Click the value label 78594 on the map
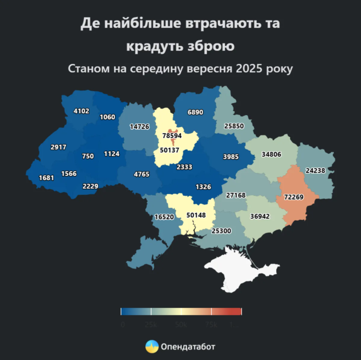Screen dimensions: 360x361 coord(172,136)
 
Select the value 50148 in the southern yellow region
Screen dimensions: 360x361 coord(196,215)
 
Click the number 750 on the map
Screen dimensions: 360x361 coord(88,156)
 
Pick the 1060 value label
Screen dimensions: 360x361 coord(108,117)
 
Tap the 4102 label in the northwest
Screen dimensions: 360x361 coord(82,111)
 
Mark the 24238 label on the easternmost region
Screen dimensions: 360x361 coord(315,170)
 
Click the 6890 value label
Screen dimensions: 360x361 coord(196,112)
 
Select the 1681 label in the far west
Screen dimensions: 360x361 coord(47,178)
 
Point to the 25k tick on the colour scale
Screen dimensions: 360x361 coord(151,311)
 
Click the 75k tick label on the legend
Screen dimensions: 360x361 coord(212,325)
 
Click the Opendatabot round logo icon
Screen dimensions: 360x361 coord(152,346)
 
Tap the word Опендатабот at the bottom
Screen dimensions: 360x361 coord(188,346)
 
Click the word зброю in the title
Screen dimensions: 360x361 coord(209,46)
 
